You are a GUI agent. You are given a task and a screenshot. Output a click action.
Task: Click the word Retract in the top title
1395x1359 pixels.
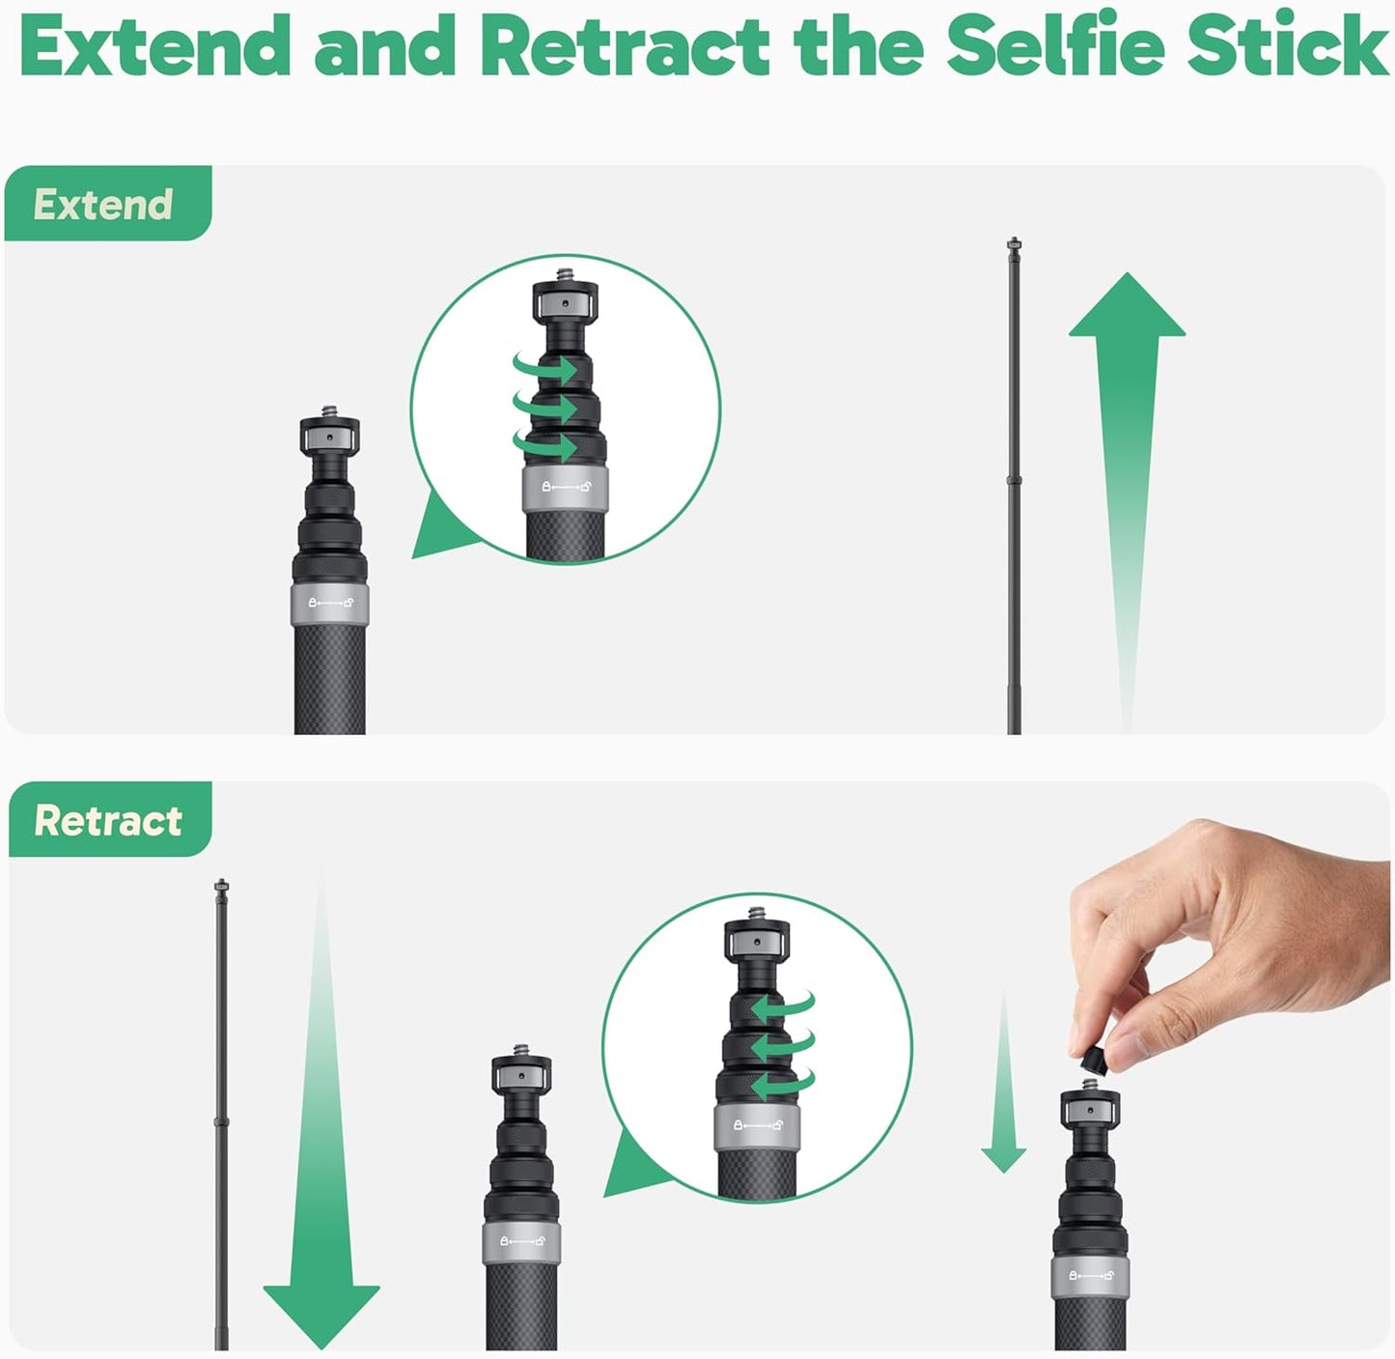pyautogui.click(x=625, y=45)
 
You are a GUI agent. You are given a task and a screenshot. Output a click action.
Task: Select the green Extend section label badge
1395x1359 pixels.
pyautogui.click(x=106, y=204)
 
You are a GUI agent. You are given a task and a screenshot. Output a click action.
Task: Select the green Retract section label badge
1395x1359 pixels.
pyautogui.click(x=109, y=820)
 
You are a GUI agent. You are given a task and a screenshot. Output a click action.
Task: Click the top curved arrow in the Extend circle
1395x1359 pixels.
pyautogui.click(x=545, y=368)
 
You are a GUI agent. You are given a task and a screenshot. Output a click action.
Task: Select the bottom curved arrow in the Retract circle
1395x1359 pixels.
pyautogui.click(x=782, y=1084)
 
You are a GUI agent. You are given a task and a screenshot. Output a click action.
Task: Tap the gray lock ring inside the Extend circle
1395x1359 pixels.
pyautogui.click(x=565, y=487)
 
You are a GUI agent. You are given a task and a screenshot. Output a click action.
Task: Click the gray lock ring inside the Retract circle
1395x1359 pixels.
pyautogui.click(x=757, y=1125)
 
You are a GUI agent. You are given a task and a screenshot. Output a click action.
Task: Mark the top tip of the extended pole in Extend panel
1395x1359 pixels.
pyautogui.click(x=1014, y=242)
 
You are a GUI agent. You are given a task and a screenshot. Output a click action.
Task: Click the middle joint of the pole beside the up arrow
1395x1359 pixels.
pyautogui.click(x=1014, y=480)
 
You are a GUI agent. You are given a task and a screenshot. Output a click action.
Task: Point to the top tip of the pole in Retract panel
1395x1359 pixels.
pyautogui.click(x=221, y=884)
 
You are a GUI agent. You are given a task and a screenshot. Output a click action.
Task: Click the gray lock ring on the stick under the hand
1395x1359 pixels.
pyautogui.click(x=1089, y=1276)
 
